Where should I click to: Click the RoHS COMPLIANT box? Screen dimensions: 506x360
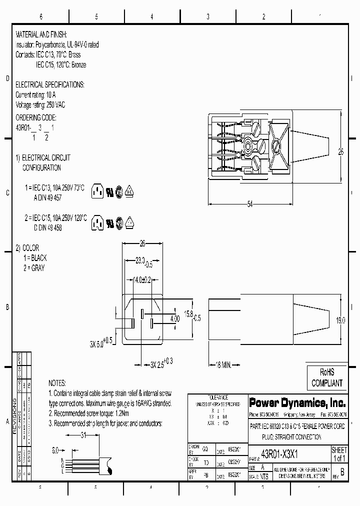327,378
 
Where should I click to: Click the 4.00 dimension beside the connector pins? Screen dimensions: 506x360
174,318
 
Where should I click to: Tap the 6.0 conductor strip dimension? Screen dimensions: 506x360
55,449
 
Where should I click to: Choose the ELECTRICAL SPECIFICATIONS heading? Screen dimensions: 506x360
50,84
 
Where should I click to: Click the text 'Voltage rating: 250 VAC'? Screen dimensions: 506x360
40,104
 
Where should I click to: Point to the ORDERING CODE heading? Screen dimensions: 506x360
36,117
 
